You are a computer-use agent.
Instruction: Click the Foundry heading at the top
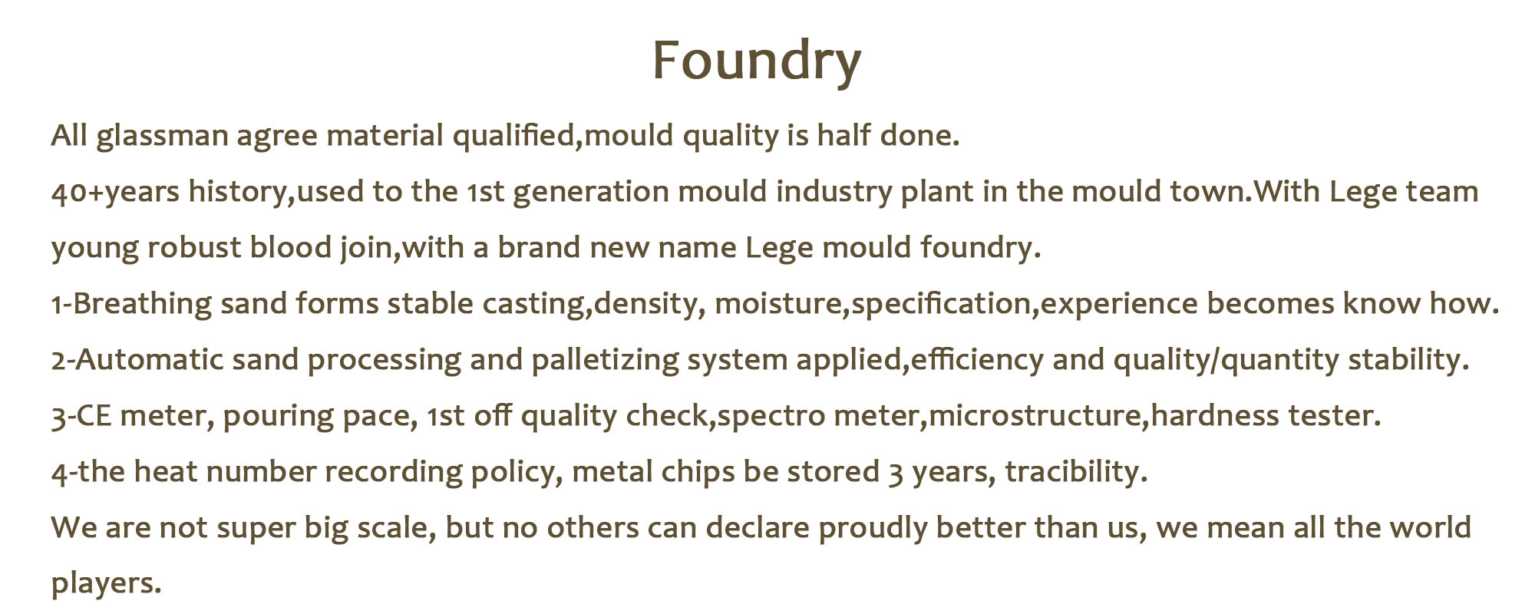point(757,61)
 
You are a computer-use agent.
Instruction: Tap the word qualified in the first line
point(513,137)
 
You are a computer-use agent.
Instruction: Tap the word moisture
point(778,304)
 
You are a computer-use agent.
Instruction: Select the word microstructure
point(1035,416)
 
